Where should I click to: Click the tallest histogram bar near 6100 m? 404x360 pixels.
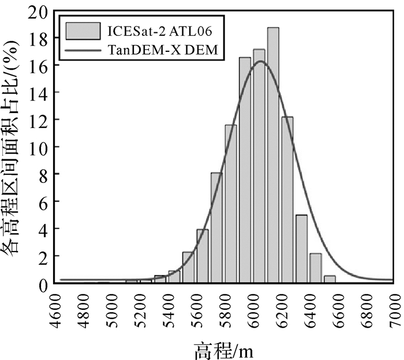tap(273, 156)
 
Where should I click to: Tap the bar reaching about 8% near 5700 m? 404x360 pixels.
tap(216, 228)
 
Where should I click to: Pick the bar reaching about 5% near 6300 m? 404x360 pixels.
tap(301, 249)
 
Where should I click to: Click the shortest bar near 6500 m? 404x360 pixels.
tap(330, 279)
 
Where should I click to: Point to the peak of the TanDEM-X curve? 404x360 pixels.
tap(260, 61)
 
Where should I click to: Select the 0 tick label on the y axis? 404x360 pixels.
tap(44, 283)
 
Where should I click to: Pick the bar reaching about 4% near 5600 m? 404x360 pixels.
tap(202, 256)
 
